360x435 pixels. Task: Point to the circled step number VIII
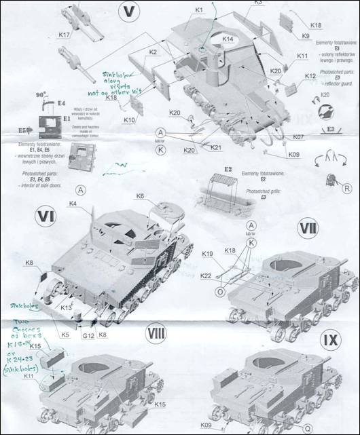[x=156, y=333]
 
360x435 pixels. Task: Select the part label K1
[x=199, y=10]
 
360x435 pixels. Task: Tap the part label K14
[x=228, y=40]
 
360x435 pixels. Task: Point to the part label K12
[x=310, y=76]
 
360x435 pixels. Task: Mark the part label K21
[x=216, y=147]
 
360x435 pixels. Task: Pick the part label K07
[x=298, y=137]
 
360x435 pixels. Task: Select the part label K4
[x=73, y=203]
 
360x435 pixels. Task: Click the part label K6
[x=140, y=195]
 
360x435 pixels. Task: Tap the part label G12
[x=88, y=335]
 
